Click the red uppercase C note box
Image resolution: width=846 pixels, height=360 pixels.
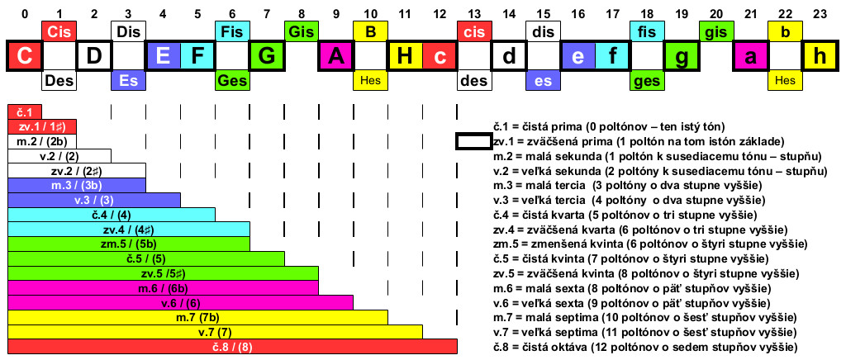tap(24, 55)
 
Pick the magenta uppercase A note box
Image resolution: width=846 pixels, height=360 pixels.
tap(335, 55)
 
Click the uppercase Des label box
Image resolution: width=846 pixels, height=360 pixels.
tap(59, 80)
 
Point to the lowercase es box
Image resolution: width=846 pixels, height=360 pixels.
tap(544, 80)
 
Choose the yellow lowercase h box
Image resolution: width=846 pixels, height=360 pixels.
tap(820, 55)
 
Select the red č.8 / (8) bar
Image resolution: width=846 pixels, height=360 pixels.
tap(232, 346)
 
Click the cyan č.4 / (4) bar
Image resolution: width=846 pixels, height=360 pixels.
tap(112, 215)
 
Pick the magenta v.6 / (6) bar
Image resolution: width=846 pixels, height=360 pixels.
tap(180, 302)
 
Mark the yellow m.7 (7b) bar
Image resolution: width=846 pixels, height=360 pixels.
tap(197, 317)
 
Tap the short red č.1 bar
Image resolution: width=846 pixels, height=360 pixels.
tap(24, 112)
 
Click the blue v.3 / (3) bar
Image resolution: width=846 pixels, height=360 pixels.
tap(94, 200)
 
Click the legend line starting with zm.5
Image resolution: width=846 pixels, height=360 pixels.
tap(650, 244)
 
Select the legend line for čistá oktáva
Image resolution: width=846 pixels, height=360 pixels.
tap(645, 346)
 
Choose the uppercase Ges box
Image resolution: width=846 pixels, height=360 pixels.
tap(232, 80)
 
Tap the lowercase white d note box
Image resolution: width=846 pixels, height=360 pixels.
tap(509, 55)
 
